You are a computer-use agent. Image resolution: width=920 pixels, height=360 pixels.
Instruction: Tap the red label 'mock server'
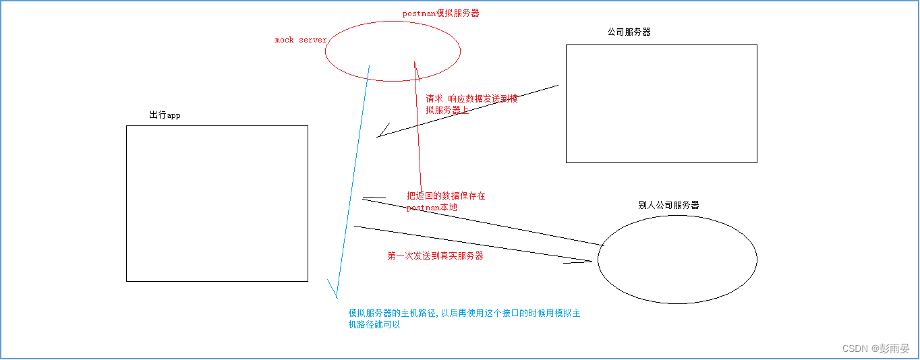(300, 40)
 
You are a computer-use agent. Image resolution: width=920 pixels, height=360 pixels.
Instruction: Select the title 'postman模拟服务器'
(440, 13)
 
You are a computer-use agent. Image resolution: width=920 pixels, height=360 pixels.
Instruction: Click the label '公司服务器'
(629, 32)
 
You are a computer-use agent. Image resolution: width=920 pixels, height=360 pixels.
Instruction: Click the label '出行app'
(165, 115)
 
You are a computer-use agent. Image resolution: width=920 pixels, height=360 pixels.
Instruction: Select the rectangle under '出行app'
(217, 203)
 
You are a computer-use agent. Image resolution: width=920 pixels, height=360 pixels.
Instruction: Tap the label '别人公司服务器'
(668, 205)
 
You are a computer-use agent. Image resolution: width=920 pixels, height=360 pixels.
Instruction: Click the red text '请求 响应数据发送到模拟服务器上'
(471, 104)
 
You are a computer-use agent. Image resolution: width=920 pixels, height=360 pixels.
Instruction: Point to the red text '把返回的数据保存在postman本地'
(446, 202)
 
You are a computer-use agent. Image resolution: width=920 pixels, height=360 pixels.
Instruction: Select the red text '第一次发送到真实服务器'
(435, 256)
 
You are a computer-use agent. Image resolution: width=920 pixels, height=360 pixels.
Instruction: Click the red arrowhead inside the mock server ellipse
(415, 65)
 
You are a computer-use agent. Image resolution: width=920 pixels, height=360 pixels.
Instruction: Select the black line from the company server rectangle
(472, 110)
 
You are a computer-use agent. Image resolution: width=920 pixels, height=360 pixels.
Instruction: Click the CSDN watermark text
(875, 348)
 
